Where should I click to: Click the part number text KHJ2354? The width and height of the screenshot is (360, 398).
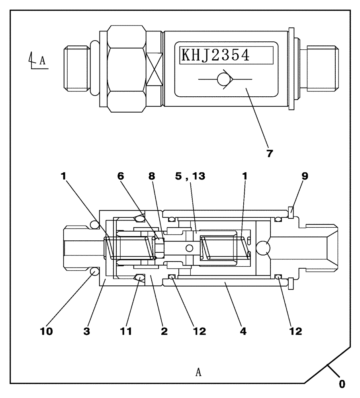pyautogui.click(x=215, y=55)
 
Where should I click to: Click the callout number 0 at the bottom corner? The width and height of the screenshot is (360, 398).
pyautogui.click(x=342, y=384)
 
